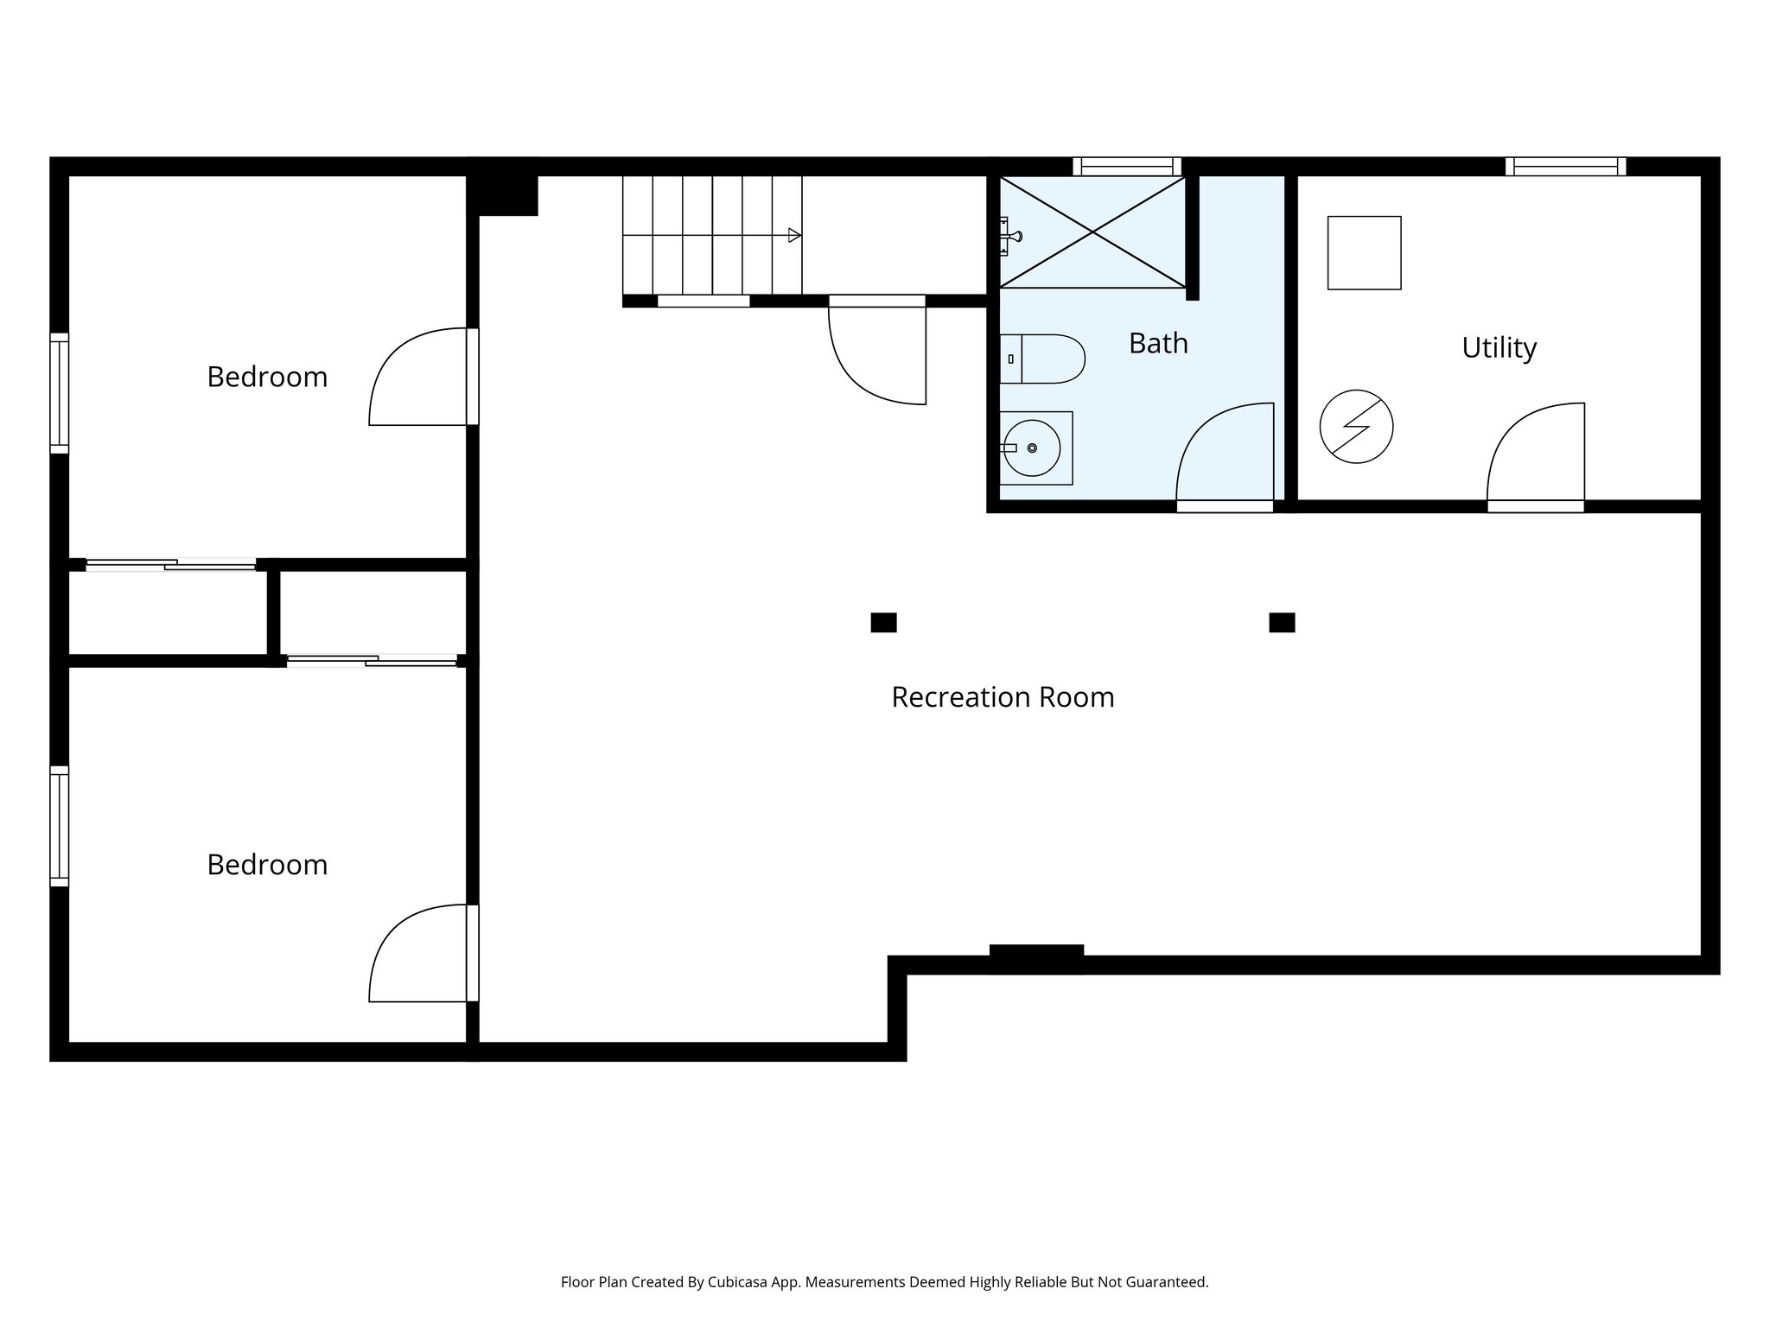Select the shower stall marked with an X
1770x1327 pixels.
coord(1093,232)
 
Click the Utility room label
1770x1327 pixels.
coord(1499,347)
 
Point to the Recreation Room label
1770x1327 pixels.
coord(1003,697)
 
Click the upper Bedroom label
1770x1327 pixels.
coord(267,377)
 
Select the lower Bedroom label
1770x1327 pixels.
coord(267,865)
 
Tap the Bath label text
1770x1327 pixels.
coord(1158,343)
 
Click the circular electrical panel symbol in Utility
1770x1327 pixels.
coord(1356,427)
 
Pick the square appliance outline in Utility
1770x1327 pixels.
coord(1364,252)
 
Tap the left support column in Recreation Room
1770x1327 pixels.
coord(883,622)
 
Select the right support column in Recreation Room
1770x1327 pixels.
coord(1282,622)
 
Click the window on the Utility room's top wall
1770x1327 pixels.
coord(1565,166)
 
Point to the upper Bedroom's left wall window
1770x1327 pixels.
coord(59,393)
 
